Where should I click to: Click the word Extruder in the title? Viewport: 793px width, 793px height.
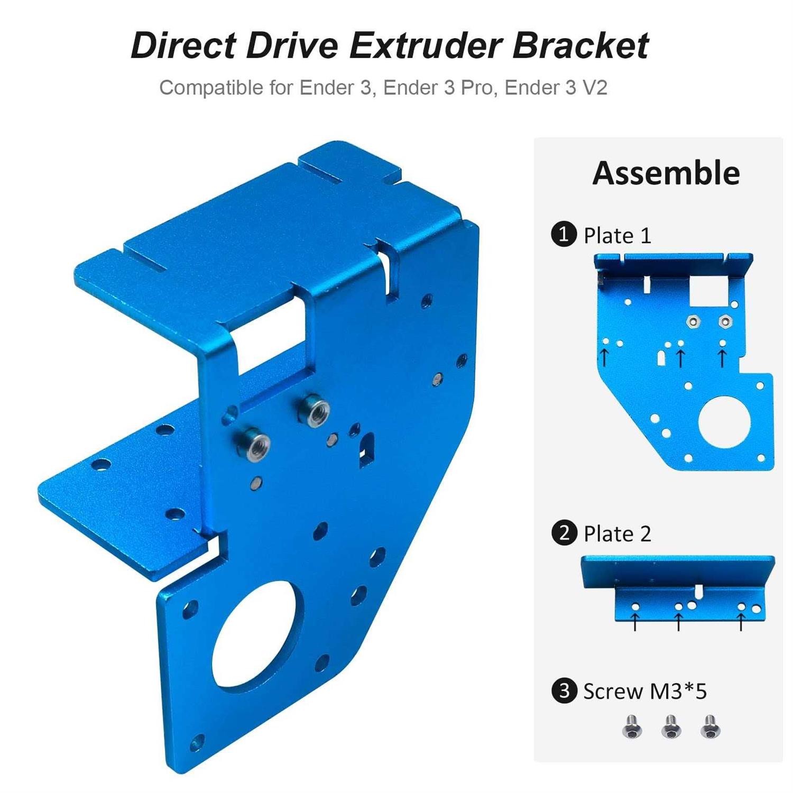(425, 45)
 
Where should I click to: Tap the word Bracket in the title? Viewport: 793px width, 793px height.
(580, 45)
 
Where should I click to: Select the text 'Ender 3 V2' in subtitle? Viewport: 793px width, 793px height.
(556, 87)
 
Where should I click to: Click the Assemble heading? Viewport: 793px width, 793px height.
(666, 173)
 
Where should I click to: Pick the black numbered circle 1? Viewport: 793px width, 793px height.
(564, 234)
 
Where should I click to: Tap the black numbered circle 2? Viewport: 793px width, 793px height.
(564, 533)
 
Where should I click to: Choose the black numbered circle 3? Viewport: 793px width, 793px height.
(564, 691)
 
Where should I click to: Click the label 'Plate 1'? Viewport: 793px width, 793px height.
(617, 235)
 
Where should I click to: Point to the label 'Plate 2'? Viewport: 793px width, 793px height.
(617, 534)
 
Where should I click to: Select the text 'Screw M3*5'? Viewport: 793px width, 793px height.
(644, 691)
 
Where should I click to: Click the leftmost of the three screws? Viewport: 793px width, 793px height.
(631, 727)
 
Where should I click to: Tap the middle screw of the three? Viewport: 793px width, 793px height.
(671, 727)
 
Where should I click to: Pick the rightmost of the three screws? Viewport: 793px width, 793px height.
(710, 727)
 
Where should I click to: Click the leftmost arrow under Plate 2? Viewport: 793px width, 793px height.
(635, 622)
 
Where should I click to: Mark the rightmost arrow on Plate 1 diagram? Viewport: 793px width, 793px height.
(723, 358)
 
